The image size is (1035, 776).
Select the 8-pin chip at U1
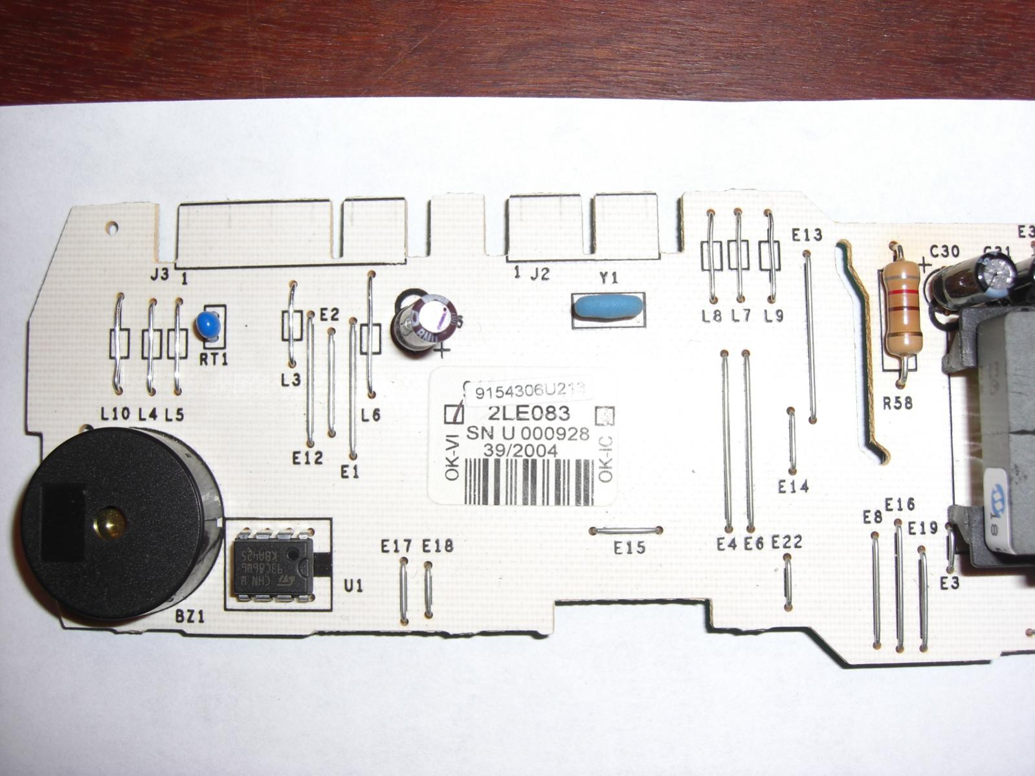[272, 565]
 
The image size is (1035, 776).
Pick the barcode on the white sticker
[528, 482]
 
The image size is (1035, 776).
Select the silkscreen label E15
[629, 548]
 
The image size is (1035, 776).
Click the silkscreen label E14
[794, 487]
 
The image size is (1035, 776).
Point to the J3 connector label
[159, 275]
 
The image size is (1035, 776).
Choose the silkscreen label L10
[116, 414]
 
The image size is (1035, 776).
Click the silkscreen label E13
[807, 235]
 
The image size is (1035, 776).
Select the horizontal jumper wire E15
[627, 531]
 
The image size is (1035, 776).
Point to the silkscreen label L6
[371, 416]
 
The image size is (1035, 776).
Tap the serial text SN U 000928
[528, 434]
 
